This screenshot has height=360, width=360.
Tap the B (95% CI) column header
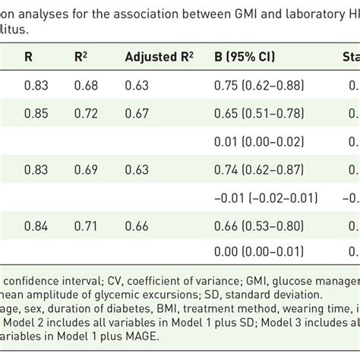251,55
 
